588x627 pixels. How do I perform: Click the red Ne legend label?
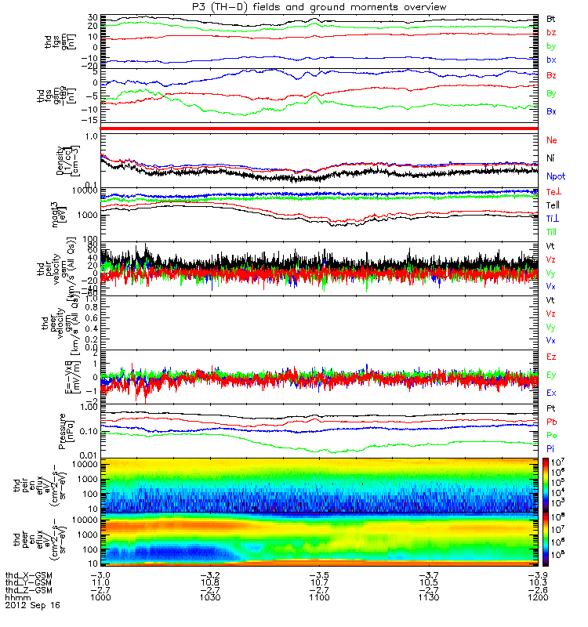click(552, 140)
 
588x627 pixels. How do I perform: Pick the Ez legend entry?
click(552, 357)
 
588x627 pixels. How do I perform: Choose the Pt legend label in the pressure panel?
click(551, 410)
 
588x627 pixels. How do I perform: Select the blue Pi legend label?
click(551, 448)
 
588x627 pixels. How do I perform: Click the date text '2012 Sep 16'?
click(32, 606)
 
